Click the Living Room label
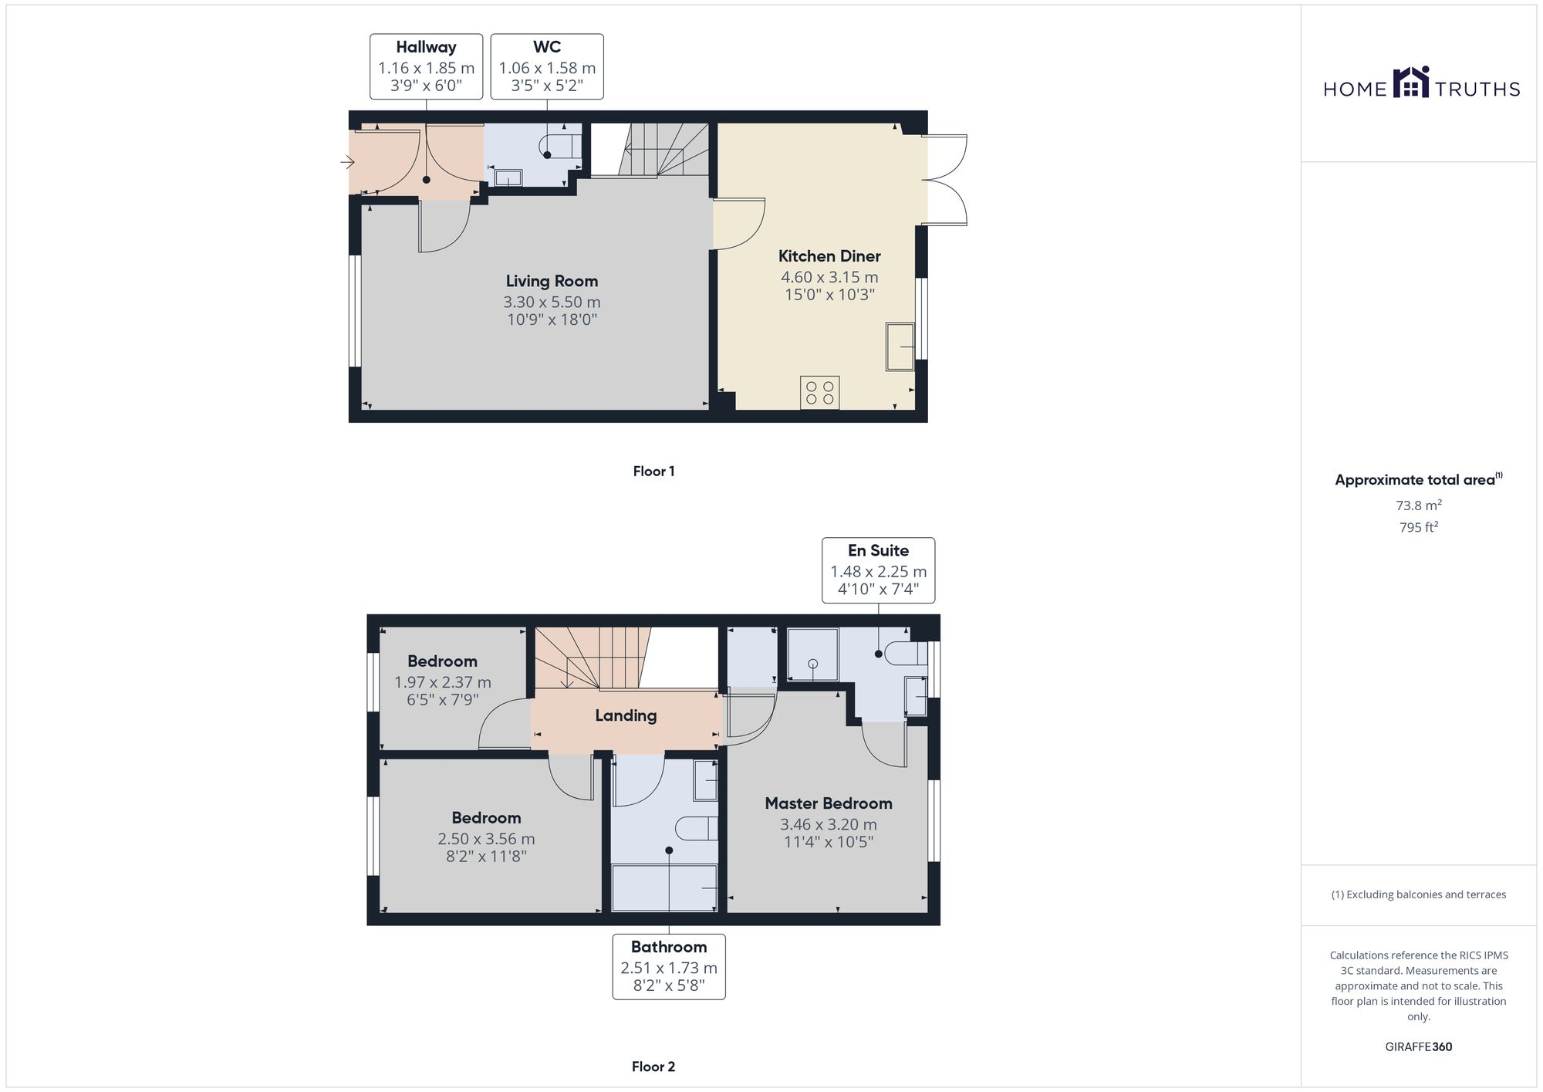coord(552,282)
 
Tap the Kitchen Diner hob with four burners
coord(819,393)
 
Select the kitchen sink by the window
coord(900,347)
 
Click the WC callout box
coord(546,66)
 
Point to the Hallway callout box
coord(426,66)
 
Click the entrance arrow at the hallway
coord(346,162)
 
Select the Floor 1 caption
coord(653,472)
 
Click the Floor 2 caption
coord(653,1067)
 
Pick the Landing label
coord(626,715)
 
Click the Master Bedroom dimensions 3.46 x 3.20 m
coord(829,824)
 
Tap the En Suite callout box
coord(878,570)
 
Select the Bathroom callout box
coord(668,967)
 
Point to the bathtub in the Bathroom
coord(665,887)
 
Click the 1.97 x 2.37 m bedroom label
coord(442,682)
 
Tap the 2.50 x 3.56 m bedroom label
coord(486,838)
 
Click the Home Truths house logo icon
coord(1411,83)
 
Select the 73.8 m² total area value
coord(1418,506)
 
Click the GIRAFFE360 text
coord(1418,1047)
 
